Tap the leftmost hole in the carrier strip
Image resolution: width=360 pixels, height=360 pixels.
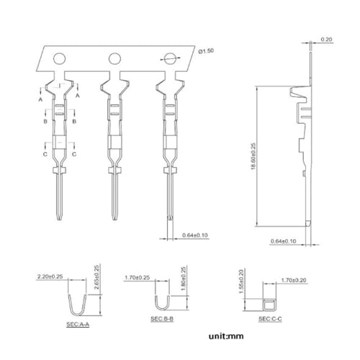pyautogui.click(x=60, y=58)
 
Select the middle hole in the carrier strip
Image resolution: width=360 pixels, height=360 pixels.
pyautogui.click(x=114, y=58)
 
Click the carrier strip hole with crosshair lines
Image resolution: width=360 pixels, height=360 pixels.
pyautogui.click(x=169, y=58)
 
